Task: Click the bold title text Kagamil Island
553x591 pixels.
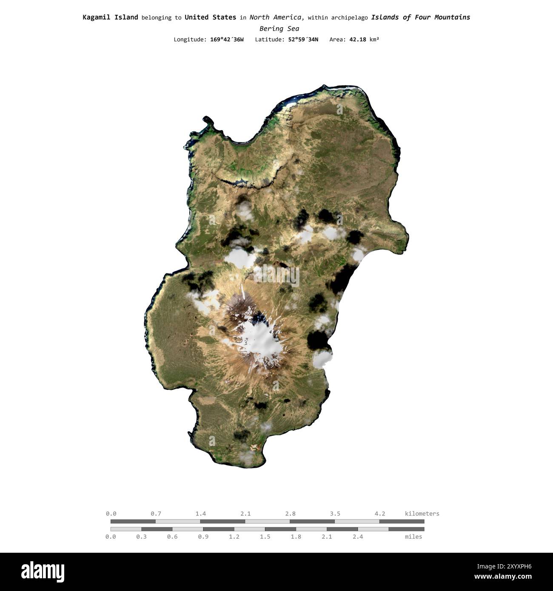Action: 110,17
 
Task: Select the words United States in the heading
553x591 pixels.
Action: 210,17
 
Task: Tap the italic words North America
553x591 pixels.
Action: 276,17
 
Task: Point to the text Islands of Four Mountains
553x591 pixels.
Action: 420,17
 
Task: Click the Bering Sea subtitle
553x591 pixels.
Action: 279,28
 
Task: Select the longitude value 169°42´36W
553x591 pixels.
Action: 227,40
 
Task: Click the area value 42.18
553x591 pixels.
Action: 357,40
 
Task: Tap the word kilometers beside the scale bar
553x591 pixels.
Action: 422,514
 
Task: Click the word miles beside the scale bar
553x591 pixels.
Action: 413,537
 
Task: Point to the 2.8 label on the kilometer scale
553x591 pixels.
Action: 291,514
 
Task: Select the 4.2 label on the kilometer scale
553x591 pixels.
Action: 380,514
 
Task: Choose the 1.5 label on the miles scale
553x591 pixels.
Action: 265,537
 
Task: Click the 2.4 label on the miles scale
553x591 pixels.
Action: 358,537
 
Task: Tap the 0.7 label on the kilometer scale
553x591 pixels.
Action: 156,514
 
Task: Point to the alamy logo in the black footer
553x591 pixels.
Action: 43,572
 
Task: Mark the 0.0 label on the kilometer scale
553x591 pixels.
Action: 111,514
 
